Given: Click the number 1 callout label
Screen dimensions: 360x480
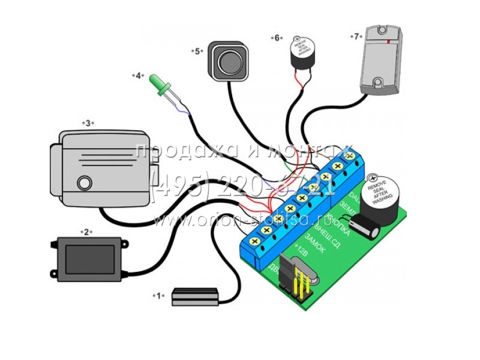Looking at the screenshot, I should [159, 295].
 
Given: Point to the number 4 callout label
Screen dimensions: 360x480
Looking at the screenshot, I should [138, 76].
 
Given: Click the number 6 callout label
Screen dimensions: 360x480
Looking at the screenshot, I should [277, 38].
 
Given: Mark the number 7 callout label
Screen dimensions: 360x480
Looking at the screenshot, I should [356, 36].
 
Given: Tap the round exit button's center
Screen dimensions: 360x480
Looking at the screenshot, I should [228, 60].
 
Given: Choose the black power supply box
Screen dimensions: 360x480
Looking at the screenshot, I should [88, 259].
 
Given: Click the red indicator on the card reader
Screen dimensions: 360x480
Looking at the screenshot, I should [391, 42].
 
